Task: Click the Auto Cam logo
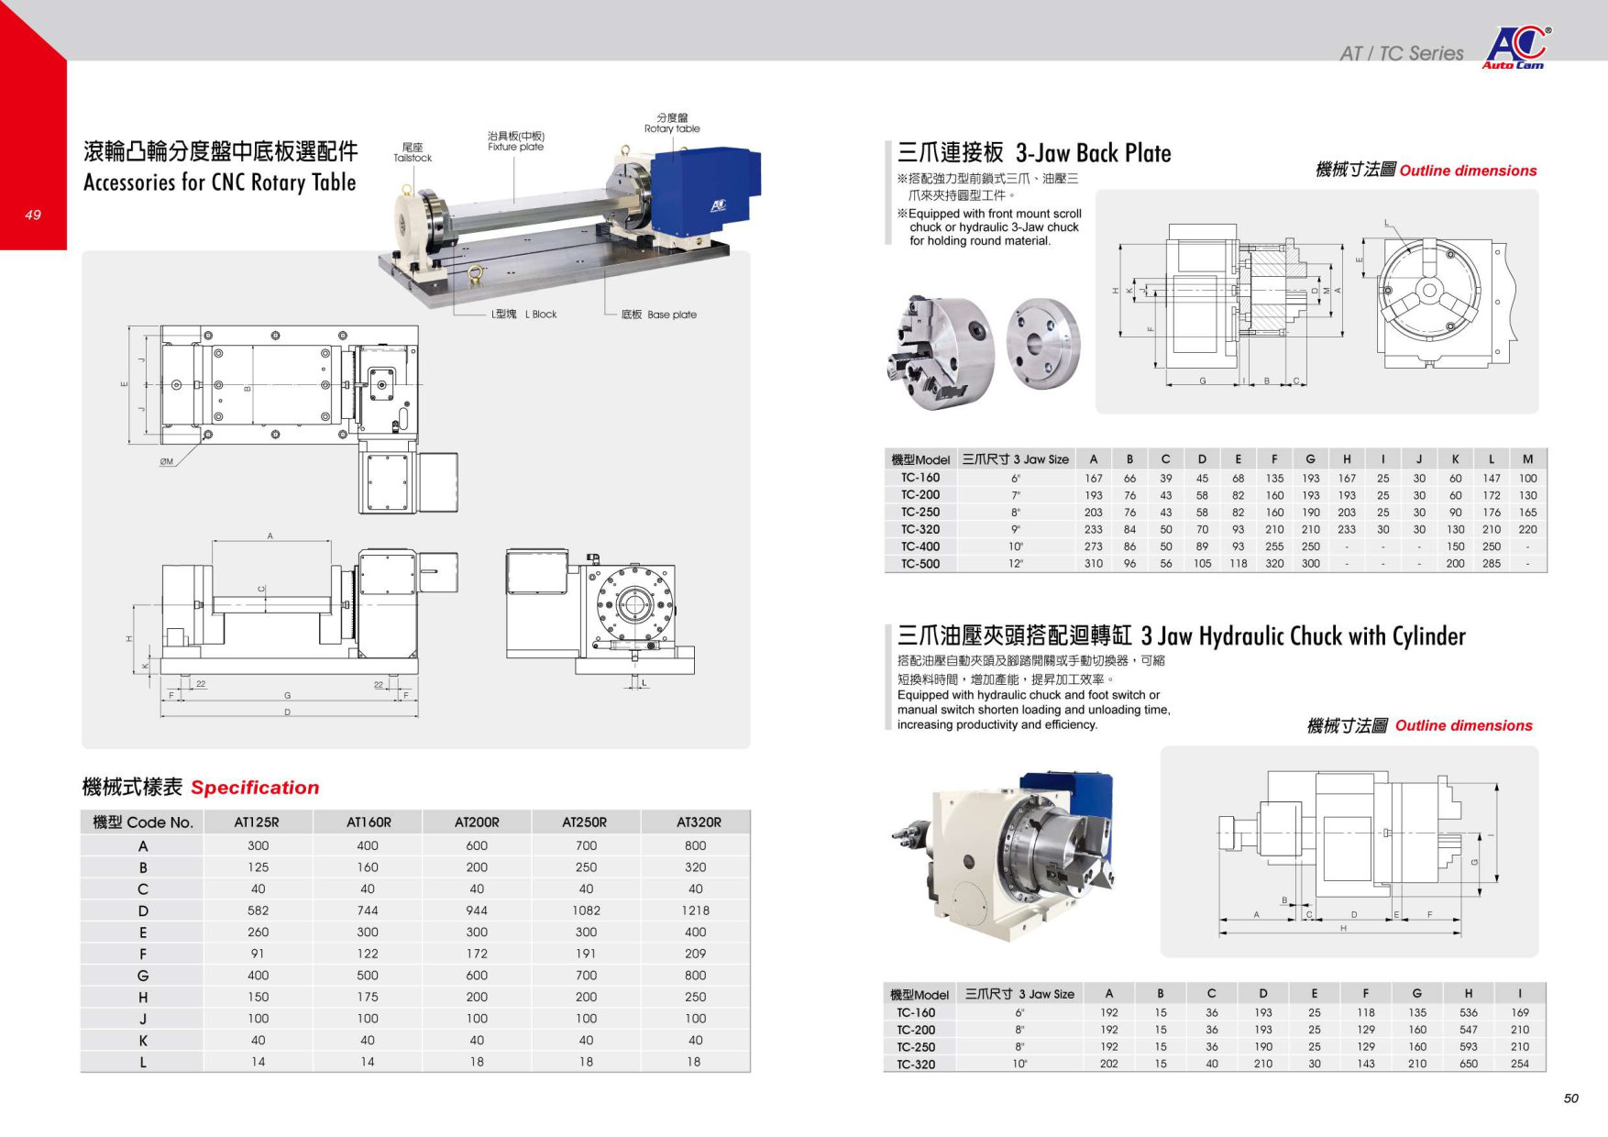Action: click(1514, 48)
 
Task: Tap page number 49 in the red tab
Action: click(33, 215)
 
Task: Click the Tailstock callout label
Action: click(413, 152)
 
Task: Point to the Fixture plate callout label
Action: click(515, 141)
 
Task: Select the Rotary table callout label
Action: click(672, 123)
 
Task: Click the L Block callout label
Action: click(523, 314)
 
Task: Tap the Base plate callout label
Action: click(658, 315)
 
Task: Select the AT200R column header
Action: click(477, 822)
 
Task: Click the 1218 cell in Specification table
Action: click(695, 911)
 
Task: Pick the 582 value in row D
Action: click(259, 911)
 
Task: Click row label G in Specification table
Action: click(143, 976)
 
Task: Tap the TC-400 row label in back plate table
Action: click(920, 546)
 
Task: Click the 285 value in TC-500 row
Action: click(1492, 564)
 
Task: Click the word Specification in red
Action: click(255, 788)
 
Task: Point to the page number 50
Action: click(1571, 1098)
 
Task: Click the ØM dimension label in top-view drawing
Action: click(166, 462)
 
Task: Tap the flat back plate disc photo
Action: click(1042, 344)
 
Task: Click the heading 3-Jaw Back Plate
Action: click(1093, 153)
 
